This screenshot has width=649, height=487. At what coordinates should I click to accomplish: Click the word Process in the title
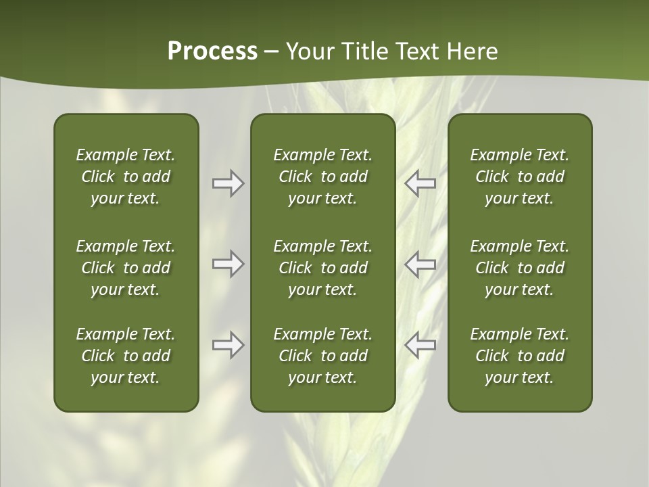pyautogui.click(x=212, y=51)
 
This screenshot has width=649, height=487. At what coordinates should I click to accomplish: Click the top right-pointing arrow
pyautogui.click(x=228, y=183)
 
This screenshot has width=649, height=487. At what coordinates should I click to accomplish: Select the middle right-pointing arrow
pyautogui.click(x=228, y=264)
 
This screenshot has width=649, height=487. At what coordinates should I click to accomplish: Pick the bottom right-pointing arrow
pyautogui.click(x=228, y=345)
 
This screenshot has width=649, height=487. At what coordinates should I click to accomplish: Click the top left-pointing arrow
pyautogui.click(x=420, y=183)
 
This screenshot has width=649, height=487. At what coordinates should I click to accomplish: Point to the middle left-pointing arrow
pyautogui.click(x=420, y=264)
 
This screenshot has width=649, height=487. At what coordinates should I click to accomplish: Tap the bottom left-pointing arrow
pyautogui.click(x=420, y=345)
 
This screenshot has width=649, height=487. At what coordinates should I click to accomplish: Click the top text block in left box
pyautogui.click(x=126, y=177)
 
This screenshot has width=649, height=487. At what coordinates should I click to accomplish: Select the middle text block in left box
pyautogui.click(x=126, y=268)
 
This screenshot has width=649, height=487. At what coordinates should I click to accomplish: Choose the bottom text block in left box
pyautogui.click(x=126, y=356)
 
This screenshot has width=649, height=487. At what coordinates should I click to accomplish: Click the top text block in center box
pyautogui.click(x=322, y=177)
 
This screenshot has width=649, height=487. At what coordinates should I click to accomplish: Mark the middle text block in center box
pyautogui.click(x=322, y=268)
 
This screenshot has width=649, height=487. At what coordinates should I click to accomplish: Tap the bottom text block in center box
pyautogui.click(x=322, y=356)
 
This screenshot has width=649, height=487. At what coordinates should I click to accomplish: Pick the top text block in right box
pyautogui.click(x=519, y=177)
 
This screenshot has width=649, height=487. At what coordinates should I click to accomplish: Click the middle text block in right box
pyautogui.click(x=519, y=268)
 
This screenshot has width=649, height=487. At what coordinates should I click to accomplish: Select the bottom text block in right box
pyautogui.click(x=519, y=356)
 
